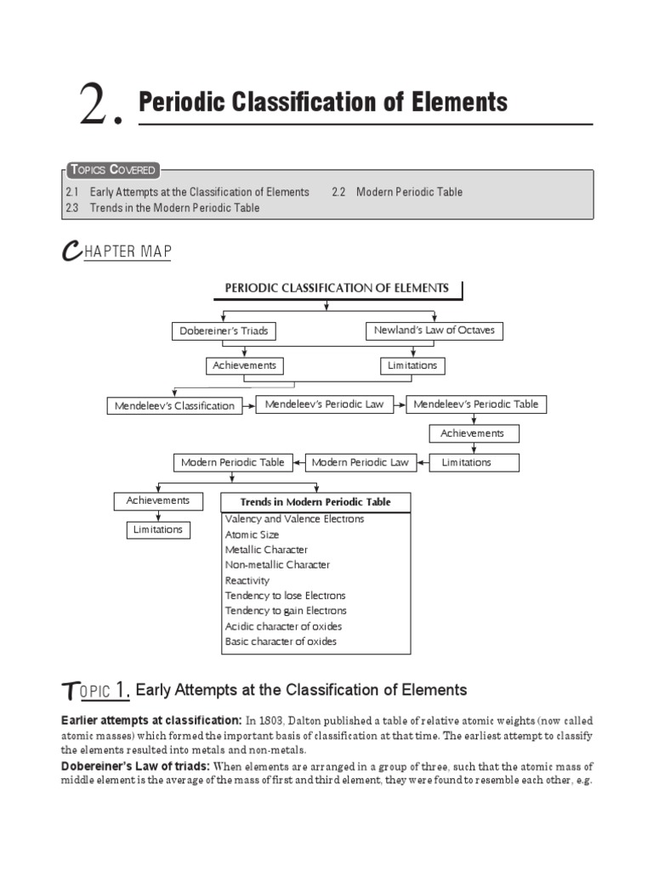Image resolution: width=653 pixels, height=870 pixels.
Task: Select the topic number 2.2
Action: (338, 192)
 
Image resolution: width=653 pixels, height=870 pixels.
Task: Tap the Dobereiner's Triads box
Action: (224, 331)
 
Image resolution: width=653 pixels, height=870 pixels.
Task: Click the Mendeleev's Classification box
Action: (174, 406)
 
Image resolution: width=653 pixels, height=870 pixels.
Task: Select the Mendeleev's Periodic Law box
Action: (324, 404)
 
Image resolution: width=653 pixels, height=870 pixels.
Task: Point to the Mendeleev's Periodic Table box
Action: (475, 404)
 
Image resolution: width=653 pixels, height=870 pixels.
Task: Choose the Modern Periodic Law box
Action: (360, 462)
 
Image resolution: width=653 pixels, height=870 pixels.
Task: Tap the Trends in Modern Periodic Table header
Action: (315, 502)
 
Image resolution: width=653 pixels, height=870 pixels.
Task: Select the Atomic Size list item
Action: (252, 534)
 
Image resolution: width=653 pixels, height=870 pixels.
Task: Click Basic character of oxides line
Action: (281, 641)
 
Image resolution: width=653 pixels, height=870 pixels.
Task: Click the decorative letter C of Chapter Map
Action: (71, 252)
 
